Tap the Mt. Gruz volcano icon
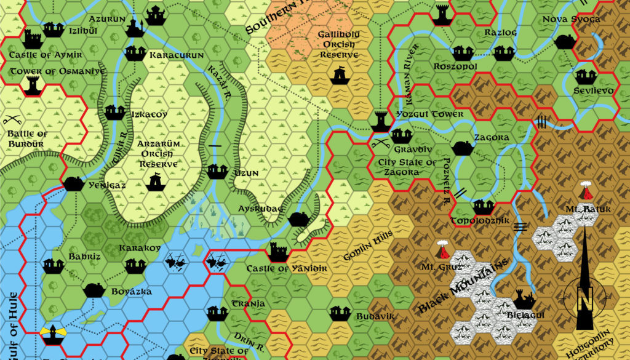click(x=442, y=250)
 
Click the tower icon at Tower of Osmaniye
click(x=31, y=84)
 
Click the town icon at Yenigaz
click(x=73, y=183)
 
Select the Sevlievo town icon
click(x=585, y=76)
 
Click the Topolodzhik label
click(x=480, y=220)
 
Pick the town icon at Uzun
click(x=215, y=171)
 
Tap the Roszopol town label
click(x=455, y=66)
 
